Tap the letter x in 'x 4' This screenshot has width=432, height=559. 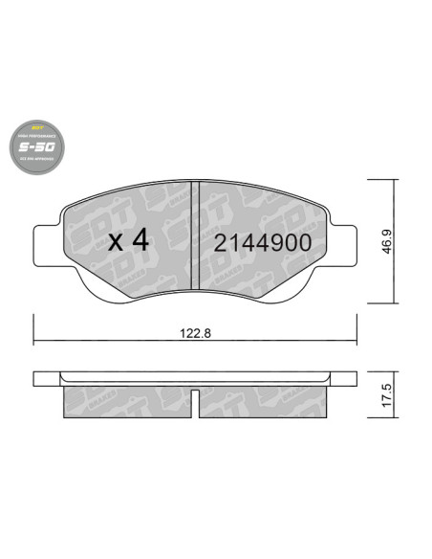tap(115, 242)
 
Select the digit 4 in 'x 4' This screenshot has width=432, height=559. tap(140, 240)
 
